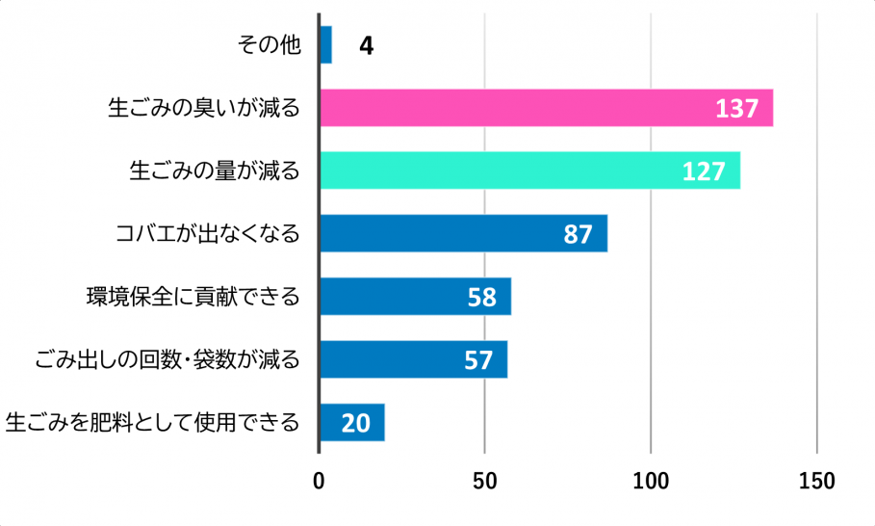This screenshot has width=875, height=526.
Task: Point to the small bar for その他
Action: click(325, 44)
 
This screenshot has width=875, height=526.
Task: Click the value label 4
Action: click(366, 45)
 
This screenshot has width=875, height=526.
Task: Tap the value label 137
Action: click(736, 109)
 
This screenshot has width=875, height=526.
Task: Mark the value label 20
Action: click(355, 423)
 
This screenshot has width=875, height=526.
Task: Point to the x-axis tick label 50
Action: click(484, 480)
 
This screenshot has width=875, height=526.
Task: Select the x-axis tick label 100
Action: click(651, 480)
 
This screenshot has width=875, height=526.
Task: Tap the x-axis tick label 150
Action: click(816, 480)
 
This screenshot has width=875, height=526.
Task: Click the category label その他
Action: click(270, 45)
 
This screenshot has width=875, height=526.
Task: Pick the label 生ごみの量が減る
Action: click(215, 171)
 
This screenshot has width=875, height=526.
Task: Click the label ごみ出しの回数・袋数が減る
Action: click(167, 359)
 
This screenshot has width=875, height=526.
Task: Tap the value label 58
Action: click(481, 298)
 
